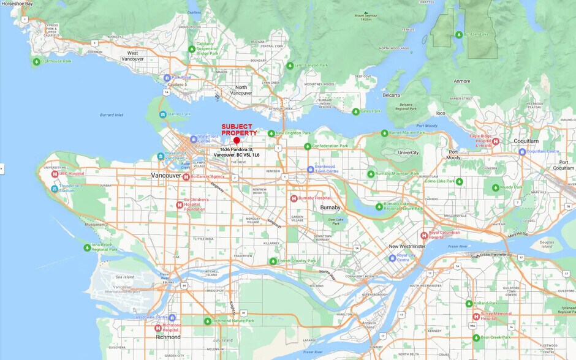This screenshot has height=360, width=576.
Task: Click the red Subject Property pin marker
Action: pos(237,141)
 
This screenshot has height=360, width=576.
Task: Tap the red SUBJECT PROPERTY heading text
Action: pos(239,130)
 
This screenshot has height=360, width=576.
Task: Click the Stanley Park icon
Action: pos(162,114)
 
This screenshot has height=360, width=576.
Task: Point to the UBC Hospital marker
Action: pos(55,174)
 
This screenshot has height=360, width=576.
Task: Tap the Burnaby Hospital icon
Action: pos(294,198)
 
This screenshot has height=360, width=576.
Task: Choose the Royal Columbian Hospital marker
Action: pos(423,235)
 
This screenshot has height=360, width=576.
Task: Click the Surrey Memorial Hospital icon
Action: pos(476,317)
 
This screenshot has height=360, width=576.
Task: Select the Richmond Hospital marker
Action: pos(157,328)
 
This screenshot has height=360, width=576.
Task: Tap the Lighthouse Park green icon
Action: pos(36,61)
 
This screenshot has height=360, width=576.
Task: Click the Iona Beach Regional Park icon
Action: pos(87,247)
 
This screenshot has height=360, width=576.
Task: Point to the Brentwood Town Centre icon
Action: pos(310,169)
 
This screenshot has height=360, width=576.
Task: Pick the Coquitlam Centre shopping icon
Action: pos(522,151)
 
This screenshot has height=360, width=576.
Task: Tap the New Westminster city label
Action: pos(407,246)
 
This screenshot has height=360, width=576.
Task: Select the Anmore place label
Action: pos(461,81)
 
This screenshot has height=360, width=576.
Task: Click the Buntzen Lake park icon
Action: pos(458,34)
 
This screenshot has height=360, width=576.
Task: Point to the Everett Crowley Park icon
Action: pos(273,261)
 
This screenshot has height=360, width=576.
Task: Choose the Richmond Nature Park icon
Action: pos(207,321)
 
